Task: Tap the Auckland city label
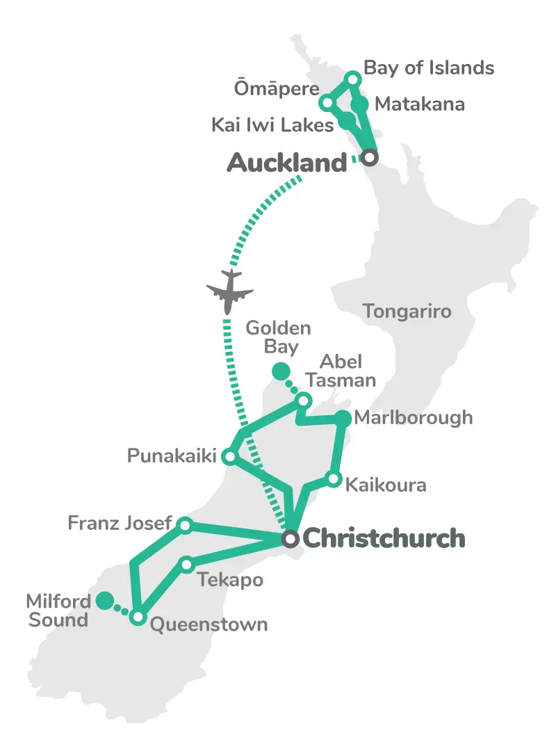pos(286,163)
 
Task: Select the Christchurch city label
pos(384,538)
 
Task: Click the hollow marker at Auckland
pos(370,158)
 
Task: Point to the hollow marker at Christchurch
pos(291,539)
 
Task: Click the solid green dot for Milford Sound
pos(105,600)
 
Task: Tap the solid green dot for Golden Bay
pos(280,371)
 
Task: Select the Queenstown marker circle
pos(138,617)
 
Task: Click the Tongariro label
pos(407,311)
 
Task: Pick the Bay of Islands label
pos(429,67)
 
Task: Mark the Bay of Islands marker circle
pos(352,79)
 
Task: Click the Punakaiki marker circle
pos(229,457)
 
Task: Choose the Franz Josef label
pos(119,522)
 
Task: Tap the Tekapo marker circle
pos(186,564)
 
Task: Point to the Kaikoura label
pos(386,484)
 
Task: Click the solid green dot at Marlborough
pos(343,418)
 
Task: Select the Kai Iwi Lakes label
pos(272,125)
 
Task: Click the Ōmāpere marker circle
pos(326,103)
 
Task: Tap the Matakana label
pos(419,104)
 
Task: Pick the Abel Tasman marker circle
pos(304,401)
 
